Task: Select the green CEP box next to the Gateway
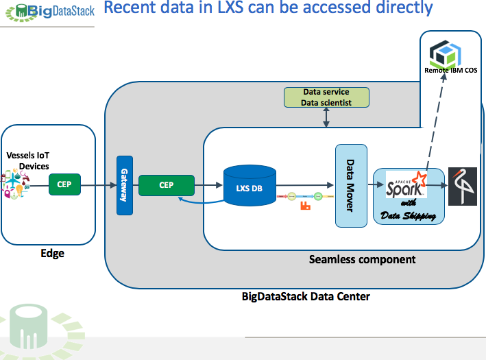[167, 184]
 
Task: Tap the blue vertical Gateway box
[124, 185]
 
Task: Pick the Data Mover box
[350, 185]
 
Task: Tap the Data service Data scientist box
[327, 97]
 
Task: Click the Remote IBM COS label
[451, 71]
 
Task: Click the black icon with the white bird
[462, 187]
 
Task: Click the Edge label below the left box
[52, 253]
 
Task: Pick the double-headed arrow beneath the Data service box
[327, 118]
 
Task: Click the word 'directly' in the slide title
[397, 8]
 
